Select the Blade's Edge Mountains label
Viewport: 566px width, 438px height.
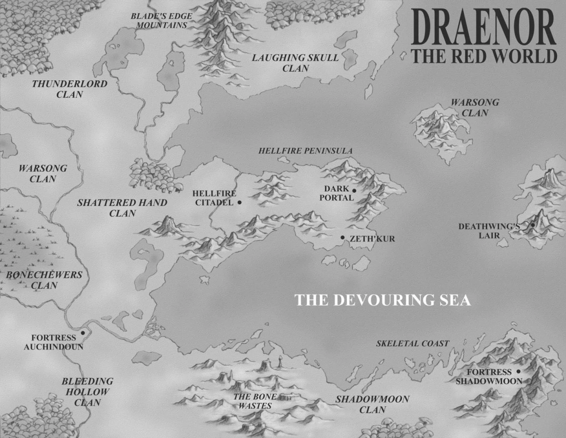[x=161, y=20]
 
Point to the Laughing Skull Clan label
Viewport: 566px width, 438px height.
[x=295, y=63]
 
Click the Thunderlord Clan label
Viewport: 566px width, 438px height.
[x=70, y=89]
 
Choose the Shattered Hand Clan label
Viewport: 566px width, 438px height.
[x=122, y=208]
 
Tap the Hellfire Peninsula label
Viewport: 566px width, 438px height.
[x=305, y=151]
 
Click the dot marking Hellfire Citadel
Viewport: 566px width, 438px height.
[x=240, y=202]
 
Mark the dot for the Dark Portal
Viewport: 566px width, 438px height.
[x=354, y=190]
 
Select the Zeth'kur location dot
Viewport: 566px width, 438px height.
[x=342, y=238]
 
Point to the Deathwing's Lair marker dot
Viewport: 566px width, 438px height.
[x=533, y=225]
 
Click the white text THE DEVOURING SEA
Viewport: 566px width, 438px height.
[x=383, y=300]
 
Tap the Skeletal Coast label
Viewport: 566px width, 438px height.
[x=412, y=344]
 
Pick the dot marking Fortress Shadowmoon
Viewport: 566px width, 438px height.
[x=518, y=372]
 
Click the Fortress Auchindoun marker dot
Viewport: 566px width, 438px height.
[x=83, y=332]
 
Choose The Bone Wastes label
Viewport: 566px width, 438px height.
[x=255, y=401]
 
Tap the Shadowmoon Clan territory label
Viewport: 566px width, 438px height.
[x=372, y=405]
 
